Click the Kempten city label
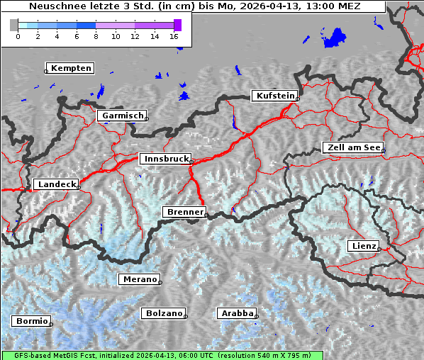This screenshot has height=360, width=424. point(71,68)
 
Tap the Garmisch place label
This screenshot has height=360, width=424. point(123,116)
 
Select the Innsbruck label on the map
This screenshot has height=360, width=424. point(166,159)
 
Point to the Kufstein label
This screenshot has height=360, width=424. point(274,96)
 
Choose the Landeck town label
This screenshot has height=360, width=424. point(56,184)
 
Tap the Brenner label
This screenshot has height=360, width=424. point(184,212)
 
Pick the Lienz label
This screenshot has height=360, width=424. point(364,246)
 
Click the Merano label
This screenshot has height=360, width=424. point(139,279)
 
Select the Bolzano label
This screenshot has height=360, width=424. point(164,313)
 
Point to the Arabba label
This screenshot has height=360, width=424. point(237,313)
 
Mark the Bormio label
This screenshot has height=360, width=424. point(31,321)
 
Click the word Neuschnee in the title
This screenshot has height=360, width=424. point(54,6)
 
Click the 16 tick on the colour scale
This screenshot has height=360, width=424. point(174,36)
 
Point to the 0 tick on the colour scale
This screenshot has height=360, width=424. point(18,36)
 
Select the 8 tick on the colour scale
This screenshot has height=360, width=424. point(96,36)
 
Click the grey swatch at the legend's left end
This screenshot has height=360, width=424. point(13,25)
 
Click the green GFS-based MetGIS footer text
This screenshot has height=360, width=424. point(163,355)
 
